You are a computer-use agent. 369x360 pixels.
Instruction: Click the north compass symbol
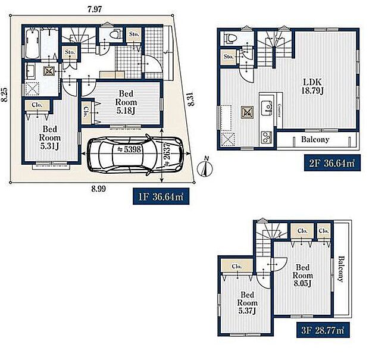(x=205, y=167)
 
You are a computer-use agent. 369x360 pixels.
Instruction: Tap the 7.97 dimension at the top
(x=95, y=9)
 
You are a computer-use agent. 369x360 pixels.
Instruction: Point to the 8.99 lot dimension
(x=99, y=189)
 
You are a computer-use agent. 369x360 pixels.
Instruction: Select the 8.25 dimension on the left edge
(x=5, y=95)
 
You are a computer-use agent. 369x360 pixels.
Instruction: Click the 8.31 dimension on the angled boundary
(x=191, y=99)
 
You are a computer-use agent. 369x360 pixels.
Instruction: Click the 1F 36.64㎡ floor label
(x=161, y=196)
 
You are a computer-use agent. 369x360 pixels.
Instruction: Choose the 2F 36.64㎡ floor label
(x=332, y=162)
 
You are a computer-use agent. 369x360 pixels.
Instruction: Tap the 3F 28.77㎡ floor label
(x=323, y=330)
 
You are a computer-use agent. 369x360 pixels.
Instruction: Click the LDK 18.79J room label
(x=312, y=86)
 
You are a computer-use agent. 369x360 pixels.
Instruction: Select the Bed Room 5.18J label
(x=126, y=102)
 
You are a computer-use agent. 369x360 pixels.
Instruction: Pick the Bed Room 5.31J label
(x=49, y=137)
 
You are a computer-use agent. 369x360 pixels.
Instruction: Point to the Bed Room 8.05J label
(x=302, y=276)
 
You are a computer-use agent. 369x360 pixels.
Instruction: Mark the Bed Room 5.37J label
(x=247, y=303)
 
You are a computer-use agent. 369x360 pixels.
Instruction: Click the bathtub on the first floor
(x=32, y=44)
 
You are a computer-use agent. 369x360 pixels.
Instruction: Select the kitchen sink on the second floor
(x=267, y=108)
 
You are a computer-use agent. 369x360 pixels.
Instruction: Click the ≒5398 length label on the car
(x=129, y=149)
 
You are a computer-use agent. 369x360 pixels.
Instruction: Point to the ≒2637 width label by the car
(x=167, y=154)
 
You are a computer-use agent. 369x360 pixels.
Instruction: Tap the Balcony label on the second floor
(x=315, y=139)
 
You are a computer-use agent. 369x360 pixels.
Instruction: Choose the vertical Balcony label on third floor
(x=340, y=269)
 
